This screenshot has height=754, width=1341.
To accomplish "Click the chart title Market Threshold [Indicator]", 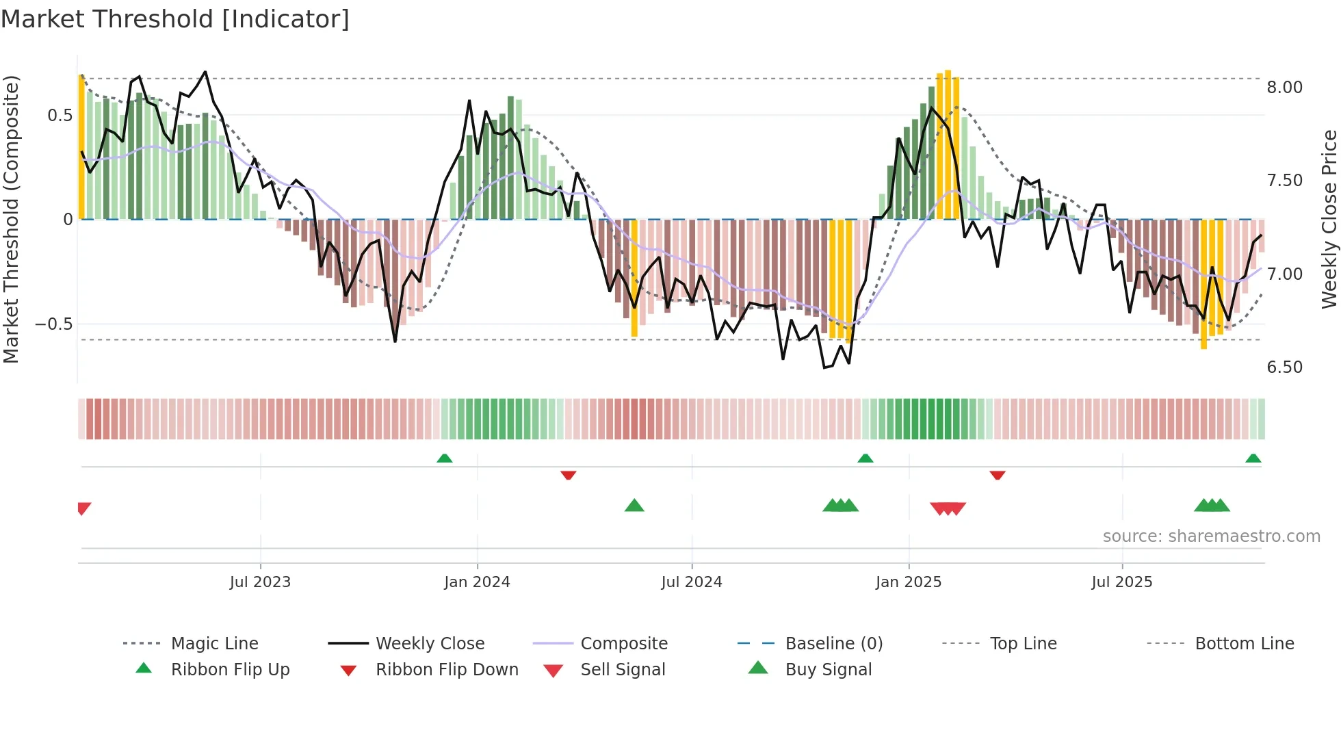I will [x=175, y=19].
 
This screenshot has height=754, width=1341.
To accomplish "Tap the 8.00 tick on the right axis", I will [x=1284, y=88].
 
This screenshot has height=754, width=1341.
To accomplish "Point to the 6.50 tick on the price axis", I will [x=1284, y=367].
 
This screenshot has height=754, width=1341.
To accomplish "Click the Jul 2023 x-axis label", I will [x=260, y=582].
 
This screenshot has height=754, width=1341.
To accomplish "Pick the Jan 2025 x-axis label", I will [x=908, y=582].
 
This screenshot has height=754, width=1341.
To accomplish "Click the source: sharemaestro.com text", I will [x=1211, y=536].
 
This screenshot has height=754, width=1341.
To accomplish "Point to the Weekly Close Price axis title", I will [x=1329, y=219].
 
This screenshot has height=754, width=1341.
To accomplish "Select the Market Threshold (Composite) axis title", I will [x=11, y=219].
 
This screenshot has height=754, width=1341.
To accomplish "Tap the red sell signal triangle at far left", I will [x=83, y=508].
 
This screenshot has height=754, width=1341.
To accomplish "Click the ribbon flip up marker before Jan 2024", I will [x=445, y=458].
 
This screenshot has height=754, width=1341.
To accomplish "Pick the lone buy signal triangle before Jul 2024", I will [x=634, y=506].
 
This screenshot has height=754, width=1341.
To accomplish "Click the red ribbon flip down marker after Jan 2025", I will [x=997, y=475].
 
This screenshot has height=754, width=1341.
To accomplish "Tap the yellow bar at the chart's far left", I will [x=81, y=147].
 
